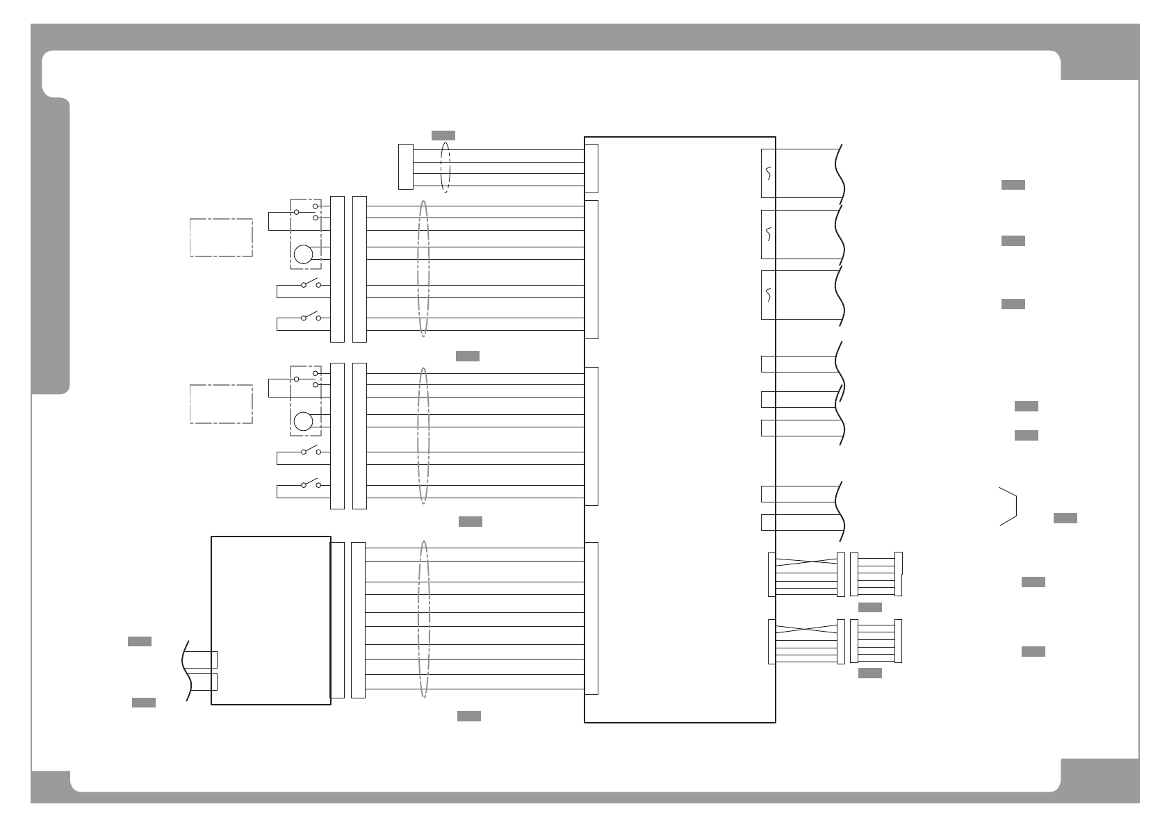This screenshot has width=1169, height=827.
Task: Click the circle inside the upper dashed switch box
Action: click(303, 254)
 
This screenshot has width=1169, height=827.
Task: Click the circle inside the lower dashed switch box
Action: click(303, 421)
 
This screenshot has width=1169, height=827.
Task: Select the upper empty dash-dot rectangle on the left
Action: click(221, 238)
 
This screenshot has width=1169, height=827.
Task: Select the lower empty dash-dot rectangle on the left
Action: click(221, 404)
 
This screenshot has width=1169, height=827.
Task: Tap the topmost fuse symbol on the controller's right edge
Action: click(768, 173)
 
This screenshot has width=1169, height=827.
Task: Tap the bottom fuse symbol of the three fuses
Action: click(768, 295)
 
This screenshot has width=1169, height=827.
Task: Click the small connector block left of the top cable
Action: click(405, 167)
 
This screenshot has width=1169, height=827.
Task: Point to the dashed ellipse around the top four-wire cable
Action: click(445, 167)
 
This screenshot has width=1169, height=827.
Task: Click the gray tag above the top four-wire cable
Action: click(443, 135)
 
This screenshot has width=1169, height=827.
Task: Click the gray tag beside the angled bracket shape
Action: click(1065, 518)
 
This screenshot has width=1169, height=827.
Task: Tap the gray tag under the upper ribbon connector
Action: click(870, 607)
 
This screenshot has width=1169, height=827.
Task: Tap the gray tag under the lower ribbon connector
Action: click(870, 673)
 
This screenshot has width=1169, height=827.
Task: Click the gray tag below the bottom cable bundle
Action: click(469, 717)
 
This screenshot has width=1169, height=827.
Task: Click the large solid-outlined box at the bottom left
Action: click(270, 620)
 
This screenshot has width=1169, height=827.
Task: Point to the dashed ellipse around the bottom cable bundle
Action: click(424, 619)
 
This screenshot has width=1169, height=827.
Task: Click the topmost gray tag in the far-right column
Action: click(1013, 185)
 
